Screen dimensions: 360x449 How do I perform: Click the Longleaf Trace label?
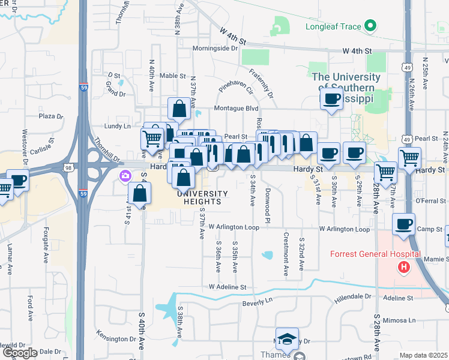click(x=331, y=26)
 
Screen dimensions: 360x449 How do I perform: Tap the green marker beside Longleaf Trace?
click(x=370, y=26)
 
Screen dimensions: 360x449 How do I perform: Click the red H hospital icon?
click(x=404, y=266)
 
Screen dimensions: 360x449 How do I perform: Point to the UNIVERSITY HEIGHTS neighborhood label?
click(x=202, y=197)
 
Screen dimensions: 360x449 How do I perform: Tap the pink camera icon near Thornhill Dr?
click(x=125, y=176)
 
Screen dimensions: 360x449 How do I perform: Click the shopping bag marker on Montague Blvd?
click(x=179, y=109)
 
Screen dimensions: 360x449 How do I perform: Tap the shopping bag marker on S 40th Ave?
click(x=139, y=194)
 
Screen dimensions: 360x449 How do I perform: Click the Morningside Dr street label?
click(x=215, y=48)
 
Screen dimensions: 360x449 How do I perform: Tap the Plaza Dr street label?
click(x=51, y=116)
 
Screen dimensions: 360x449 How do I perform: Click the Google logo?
click(x=20, y=353)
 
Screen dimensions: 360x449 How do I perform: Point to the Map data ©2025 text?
click(x=423, y=355)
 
